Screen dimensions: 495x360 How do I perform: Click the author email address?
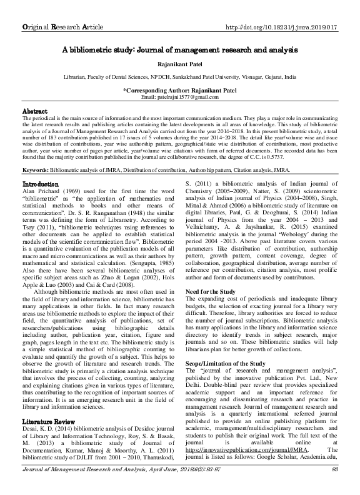click(180, 98)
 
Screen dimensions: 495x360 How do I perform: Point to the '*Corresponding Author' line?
click(179, 91)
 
